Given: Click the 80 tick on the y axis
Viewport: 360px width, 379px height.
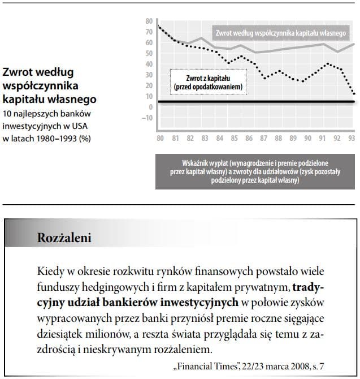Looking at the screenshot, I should [149, 21].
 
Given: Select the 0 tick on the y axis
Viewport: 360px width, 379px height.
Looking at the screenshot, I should [150, 107].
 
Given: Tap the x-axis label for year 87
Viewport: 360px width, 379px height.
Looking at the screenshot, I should [263, 139].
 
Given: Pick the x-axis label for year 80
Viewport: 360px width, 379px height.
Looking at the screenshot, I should [160, 139].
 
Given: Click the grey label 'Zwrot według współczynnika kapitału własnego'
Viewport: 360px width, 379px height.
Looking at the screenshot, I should [280, 33].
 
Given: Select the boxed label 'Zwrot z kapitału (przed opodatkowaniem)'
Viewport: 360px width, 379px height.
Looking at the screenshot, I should [207, 83].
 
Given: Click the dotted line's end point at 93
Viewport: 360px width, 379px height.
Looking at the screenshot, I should [354, 93].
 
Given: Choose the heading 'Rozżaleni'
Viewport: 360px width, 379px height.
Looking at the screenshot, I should [64, 238].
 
